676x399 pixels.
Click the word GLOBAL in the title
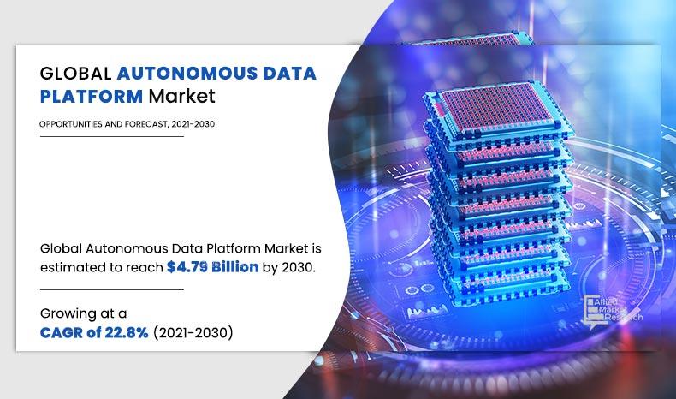point(73,73)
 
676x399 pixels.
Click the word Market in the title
point(182,95)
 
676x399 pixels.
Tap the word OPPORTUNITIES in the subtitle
point(68,124)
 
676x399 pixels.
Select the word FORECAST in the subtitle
point(139,124)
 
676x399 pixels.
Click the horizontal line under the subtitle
point(111,137)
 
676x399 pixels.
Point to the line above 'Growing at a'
point(111,289)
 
